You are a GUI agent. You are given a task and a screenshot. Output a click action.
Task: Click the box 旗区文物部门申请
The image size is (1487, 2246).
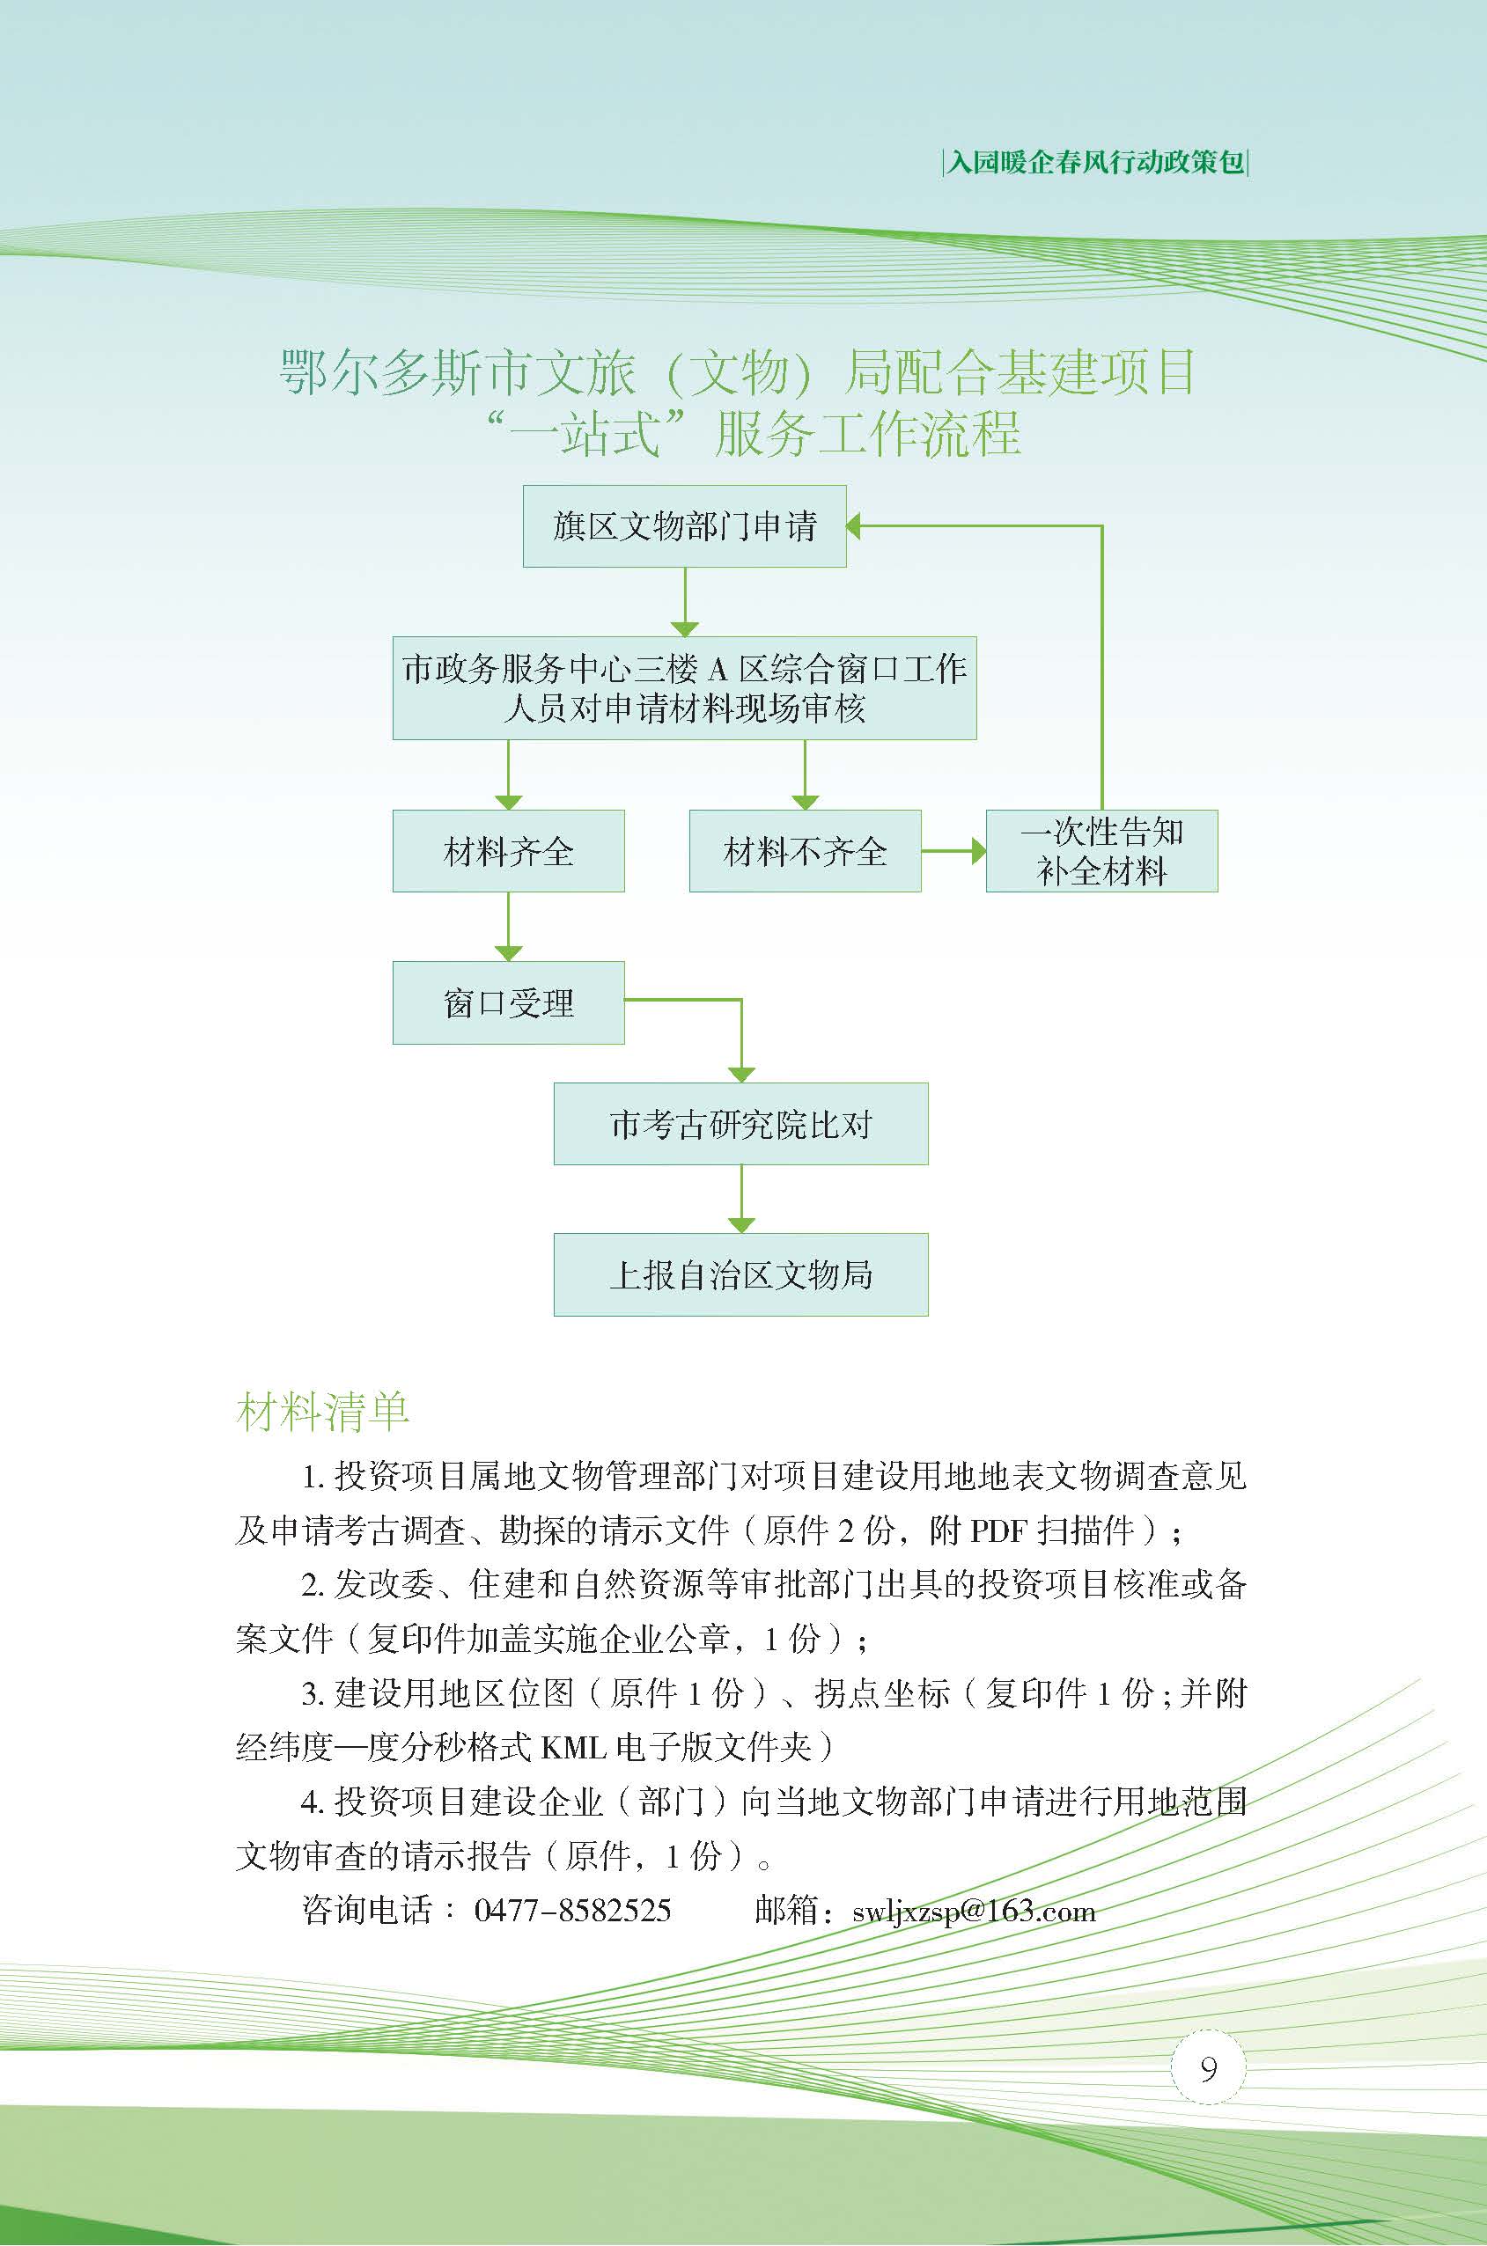click(684, 526)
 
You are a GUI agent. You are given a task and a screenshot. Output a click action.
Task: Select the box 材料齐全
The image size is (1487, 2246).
click(508, 850)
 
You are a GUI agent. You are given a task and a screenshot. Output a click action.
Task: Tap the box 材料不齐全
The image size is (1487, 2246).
click(806, 850)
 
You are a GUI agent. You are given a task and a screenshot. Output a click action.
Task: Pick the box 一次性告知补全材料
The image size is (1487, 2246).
click(1102, 850)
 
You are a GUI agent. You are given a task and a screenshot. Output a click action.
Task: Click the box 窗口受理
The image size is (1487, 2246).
click(508, 1003)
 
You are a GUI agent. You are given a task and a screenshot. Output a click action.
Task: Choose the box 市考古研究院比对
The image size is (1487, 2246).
click(740, 1124)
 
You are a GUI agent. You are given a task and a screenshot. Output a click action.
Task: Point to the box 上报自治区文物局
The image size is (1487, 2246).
click(740, 1274)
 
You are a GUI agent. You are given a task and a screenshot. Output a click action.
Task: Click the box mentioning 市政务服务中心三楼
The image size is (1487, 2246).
click(684, 688)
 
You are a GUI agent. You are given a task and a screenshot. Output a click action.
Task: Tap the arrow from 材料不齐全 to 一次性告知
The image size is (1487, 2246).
click(954, 850)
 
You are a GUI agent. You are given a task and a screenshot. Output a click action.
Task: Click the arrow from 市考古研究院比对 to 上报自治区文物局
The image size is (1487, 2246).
click(740, 1200)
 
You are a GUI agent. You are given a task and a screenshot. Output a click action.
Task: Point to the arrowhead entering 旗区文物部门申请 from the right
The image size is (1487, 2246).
click(853, 526)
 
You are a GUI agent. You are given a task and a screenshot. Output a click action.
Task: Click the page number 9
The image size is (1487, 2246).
click(1208, 2066)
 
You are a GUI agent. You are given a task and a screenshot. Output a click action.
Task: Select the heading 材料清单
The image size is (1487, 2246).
click(322, 1411)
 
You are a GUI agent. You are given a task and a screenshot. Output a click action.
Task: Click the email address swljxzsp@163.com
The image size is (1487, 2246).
click(974, 1883)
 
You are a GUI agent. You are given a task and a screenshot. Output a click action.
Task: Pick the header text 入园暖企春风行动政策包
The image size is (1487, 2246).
click(1095, 163)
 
